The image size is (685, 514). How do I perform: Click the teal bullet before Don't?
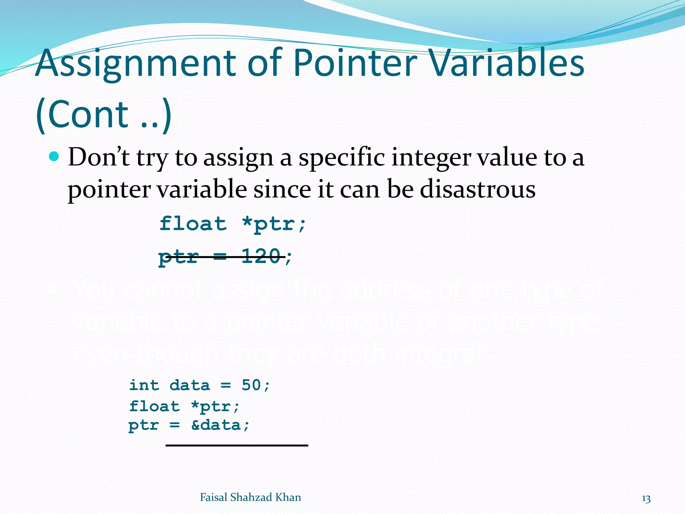coord(54,156)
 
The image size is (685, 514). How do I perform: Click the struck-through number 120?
coord(261,257)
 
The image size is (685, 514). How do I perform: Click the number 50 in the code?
coord(251,385)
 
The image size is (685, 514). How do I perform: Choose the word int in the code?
coord(144,385)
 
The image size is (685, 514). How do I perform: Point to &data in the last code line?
coord(216,425)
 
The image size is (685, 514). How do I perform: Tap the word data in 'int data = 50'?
coord(190,385)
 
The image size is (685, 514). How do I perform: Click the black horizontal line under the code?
coord(237,445)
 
